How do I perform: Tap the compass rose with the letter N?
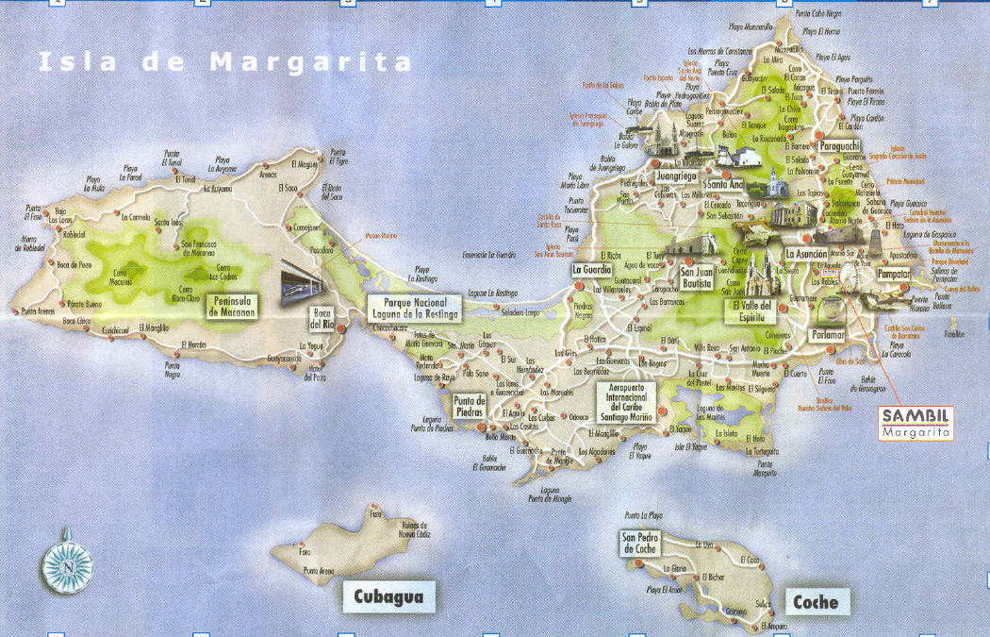point(67,563)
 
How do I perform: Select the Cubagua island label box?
point(388,596)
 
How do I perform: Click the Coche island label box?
point(816,601)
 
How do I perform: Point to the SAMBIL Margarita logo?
point(916,422)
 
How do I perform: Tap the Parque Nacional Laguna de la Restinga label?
point(415,307)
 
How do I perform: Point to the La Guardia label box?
point(593,270)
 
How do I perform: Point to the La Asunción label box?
point(806,254)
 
